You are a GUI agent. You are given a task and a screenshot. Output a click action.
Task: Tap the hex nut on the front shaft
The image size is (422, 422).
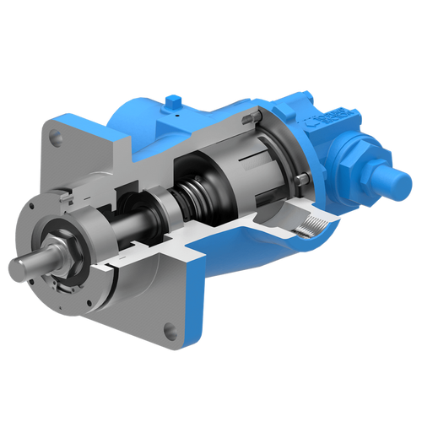pyautogui.click(x=60, y=251)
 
